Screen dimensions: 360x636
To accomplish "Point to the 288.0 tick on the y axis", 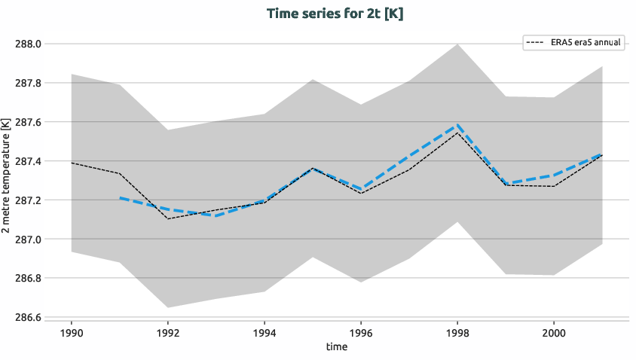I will pos(28,44).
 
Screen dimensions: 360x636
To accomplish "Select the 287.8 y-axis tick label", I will pos(28,83).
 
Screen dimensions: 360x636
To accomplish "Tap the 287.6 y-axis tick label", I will pos(28,122).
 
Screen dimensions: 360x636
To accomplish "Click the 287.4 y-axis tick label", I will pos(28,161).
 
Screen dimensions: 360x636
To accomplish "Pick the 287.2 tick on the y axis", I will pos(28,200).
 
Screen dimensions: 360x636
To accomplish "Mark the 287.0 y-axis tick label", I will pos(28,239).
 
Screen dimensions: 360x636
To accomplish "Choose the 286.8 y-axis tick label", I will pos(28,279).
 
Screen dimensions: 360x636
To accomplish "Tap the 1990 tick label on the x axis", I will pos(71,332).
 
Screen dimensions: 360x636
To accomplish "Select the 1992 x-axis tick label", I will pos(167,332).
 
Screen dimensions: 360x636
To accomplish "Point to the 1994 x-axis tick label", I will pos(264,332).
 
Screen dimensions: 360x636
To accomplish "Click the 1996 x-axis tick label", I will pos(361,332).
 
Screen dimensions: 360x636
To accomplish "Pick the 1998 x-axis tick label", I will pos(457,332).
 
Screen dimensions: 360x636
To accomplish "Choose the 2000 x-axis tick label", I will pos(554,332).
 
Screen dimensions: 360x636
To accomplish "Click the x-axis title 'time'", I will pos(337,347).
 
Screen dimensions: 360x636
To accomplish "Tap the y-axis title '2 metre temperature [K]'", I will pos(7,181).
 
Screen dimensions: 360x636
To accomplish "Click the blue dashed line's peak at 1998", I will pos(457,125).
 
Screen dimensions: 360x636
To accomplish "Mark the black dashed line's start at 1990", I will pos(71,163).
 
